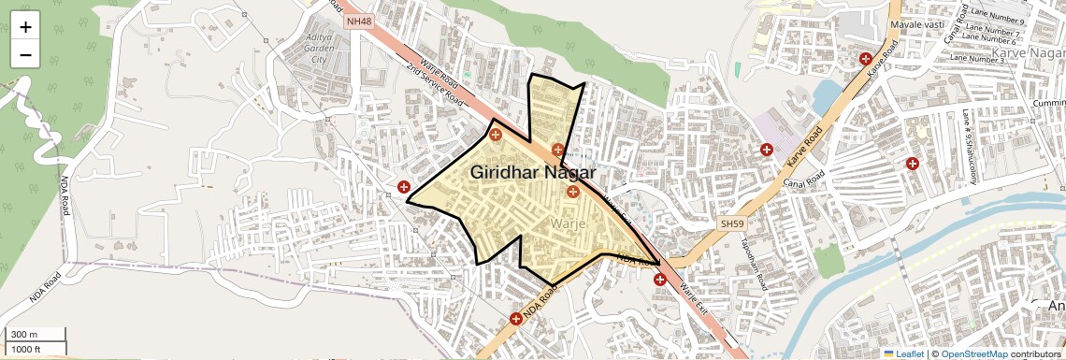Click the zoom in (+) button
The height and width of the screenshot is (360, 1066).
pos(25,26)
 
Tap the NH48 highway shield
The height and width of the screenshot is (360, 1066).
pos(358,21)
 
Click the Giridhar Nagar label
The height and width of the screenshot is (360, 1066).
pos(533,172)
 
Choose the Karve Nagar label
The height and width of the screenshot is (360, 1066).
pos(1029,53)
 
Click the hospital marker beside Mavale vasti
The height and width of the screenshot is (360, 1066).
pos(867,60)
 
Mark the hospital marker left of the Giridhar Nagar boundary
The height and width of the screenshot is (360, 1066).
pos(403,187)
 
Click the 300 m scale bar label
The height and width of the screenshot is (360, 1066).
pos(24,334)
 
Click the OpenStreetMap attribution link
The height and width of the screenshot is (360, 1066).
pos(973,354)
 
